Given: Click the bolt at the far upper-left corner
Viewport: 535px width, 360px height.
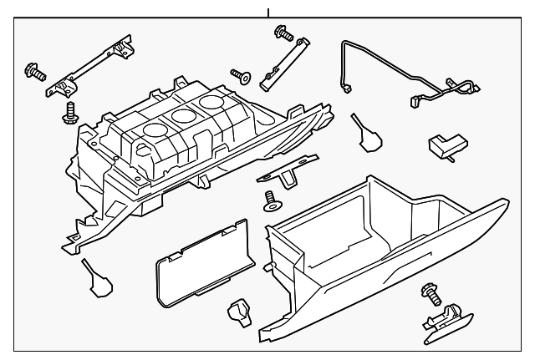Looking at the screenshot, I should pyautogui.click(x=34, y=71).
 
